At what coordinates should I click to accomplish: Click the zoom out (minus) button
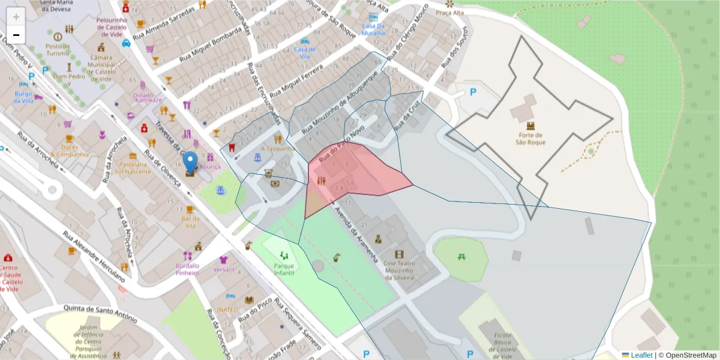[x=16, y=35]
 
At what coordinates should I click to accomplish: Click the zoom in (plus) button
[x=16, y=17]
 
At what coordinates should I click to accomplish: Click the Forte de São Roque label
[x=530, y=139]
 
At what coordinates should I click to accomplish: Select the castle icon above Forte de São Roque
[x=530, y=125]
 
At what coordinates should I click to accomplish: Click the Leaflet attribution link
[x=641, y=355]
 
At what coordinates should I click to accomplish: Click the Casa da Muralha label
[x=373, y=30]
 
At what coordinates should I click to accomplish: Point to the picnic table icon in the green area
[x=462, y=257]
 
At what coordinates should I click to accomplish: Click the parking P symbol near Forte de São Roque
[x=472, y=92]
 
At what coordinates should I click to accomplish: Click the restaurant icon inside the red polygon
[x=321, y=181]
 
